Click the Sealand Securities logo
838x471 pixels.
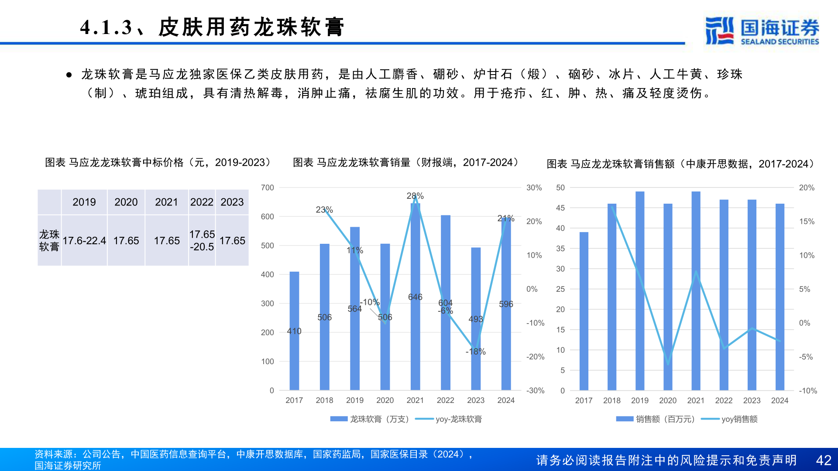(762, 31)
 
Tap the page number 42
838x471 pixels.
(823, 460)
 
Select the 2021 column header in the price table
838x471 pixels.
(166, 202)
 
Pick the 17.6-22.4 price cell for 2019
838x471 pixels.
(84, 241)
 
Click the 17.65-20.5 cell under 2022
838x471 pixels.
(202, 241)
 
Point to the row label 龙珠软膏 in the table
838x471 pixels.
(49, 241)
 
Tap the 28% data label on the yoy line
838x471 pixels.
(415, 196)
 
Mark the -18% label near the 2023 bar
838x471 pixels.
(475, 352)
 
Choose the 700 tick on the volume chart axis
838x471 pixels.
(268, 188)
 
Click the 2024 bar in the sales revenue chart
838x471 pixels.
(780, 297)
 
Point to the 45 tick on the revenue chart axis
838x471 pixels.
(560, 208)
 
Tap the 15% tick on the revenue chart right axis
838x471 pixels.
(807, 222)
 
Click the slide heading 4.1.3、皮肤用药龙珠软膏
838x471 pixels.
(212, 27)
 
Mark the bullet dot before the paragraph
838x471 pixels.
(69, 75)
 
